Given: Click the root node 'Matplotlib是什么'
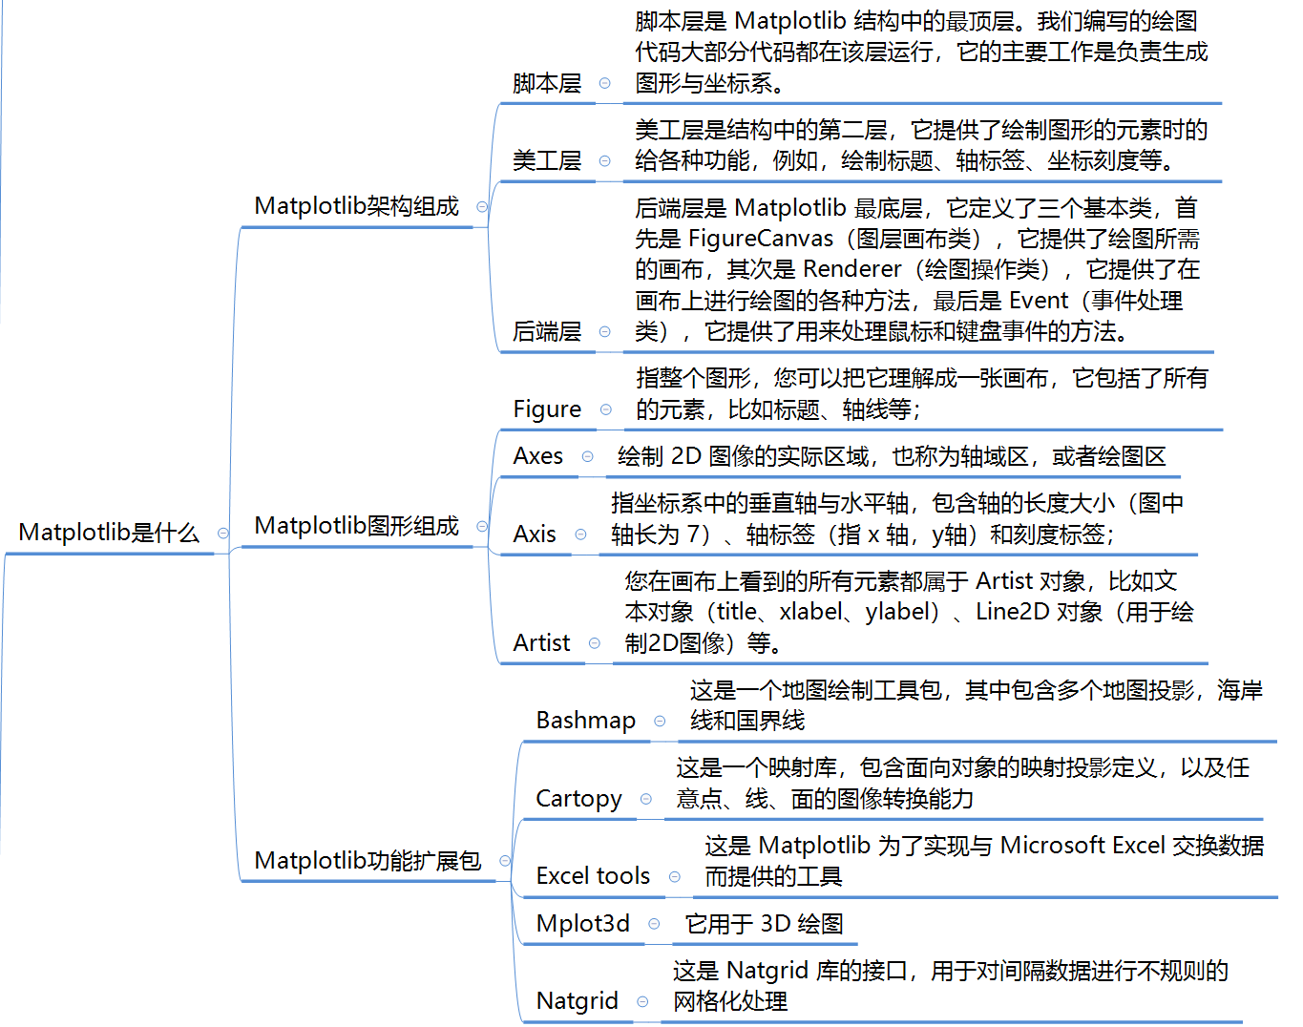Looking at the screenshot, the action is coord(109,533).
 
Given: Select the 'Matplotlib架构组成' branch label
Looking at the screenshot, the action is coord(357,206).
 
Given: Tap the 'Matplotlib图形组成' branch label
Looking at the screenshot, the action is coord(357,526).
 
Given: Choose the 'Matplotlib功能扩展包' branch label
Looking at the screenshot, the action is coord(368,861).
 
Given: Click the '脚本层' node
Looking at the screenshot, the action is coord(547,83).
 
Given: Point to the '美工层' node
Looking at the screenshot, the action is coord(547,160).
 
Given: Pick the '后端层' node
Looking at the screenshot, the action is coord(547,331).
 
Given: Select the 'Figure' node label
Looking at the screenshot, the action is coord(547,409).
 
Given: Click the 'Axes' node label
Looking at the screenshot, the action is coord(537,456).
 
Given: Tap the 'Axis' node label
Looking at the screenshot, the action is coord(534,534).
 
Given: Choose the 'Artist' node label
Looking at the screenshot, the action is coord(541,642).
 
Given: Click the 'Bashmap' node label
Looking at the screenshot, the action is coord(586,721).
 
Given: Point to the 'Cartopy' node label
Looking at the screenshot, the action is coord(578,799).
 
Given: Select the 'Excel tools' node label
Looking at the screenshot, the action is coord(594,876).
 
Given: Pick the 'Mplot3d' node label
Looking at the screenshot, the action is coord(583,924).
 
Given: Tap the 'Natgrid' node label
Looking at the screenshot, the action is coord(577,1001).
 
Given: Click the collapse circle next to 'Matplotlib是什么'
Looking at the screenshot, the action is coord(223,533).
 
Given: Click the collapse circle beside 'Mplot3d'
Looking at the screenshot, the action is coord(654,924).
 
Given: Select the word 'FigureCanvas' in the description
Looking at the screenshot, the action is coord(761,239).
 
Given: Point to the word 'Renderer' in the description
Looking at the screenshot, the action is coord(851,269).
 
